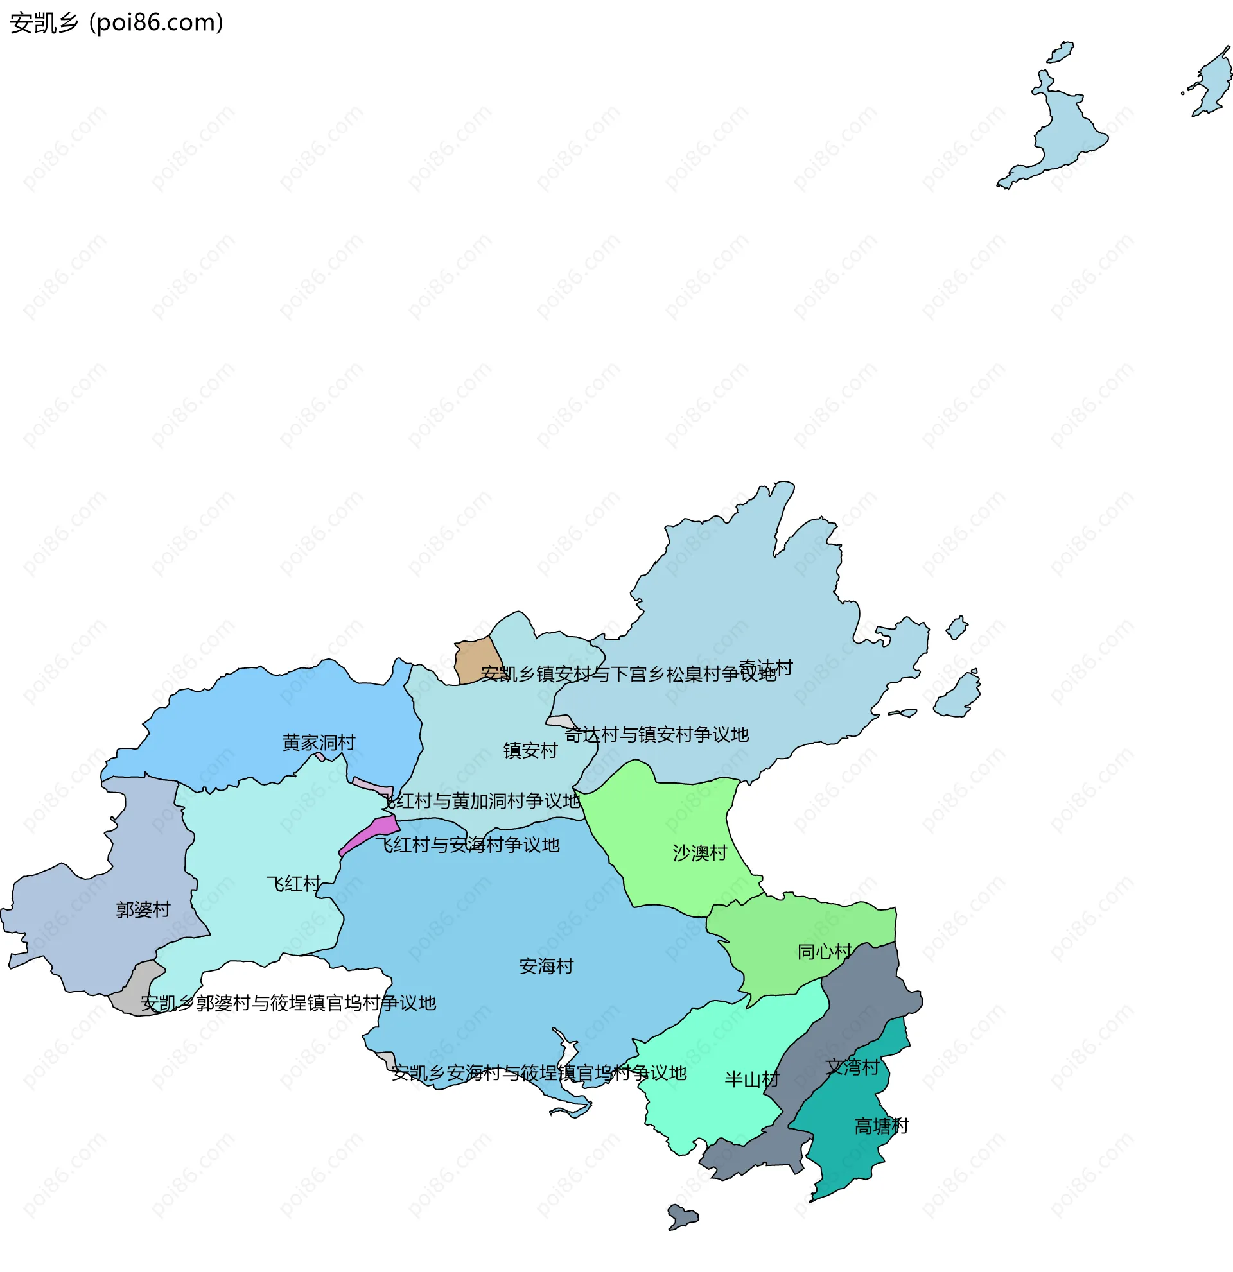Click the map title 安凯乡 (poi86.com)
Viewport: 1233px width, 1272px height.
click(117, 22)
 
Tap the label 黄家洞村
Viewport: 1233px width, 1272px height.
click(319, 743)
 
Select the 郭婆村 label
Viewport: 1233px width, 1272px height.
click(143, 910)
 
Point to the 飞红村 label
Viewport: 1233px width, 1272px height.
click(293, 884)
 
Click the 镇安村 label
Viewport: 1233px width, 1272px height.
click(530, 751)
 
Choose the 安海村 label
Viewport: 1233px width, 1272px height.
click(546, 967)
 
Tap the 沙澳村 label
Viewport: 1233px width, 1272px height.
click(699, 853)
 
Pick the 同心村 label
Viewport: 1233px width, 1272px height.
click(825, 952)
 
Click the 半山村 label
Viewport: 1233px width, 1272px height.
click(752, 1080)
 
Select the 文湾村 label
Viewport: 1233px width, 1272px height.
click(853, 1067)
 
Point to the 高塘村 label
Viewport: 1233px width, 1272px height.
click(881, 1126)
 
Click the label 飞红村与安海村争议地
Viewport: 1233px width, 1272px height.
click(468, 845)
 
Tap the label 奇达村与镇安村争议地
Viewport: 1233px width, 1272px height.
click(656, 735)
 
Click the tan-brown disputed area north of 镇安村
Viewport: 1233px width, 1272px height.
click(477, 660)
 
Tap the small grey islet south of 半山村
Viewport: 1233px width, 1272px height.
click(682, 1216)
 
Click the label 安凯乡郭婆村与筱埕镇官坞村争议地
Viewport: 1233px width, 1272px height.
click(288, 1003)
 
